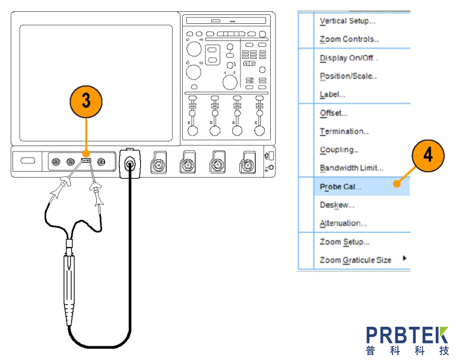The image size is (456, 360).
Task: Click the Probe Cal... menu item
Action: tap(340, 187)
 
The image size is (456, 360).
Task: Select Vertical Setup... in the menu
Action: tap(347, 21)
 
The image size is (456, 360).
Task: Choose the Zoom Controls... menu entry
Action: tap(349, 40)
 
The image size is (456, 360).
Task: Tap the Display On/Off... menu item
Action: tap(349, 58)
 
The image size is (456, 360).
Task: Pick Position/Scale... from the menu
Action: tap(349, 76)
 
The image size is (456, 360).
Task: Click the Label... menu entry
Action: tap(332, 94)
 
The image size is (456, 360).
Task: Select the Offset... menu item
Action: tap(334, 113)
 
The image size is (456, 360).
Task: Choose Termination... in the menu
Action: tap(344, 131)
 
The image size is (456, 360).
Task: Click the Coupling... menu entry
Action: tap(339, 150)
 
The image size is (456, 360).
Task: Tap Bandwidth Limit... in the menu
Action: tap(351, 168)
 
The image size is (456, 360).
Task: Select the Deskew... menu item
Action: tap(337, 205)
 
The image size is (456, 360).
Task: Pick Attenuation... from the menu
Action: tap(343, 223)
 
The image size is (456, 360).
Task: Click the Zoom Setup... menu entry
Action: tap(344, 242)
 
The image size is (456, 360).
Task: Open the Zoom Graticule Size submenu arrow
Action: tap(405, 258)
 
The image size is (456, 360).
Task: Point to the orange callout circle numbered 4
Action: tap(427, 156)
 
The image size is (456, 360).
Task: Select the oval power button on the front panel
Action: tap(27, 160)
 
